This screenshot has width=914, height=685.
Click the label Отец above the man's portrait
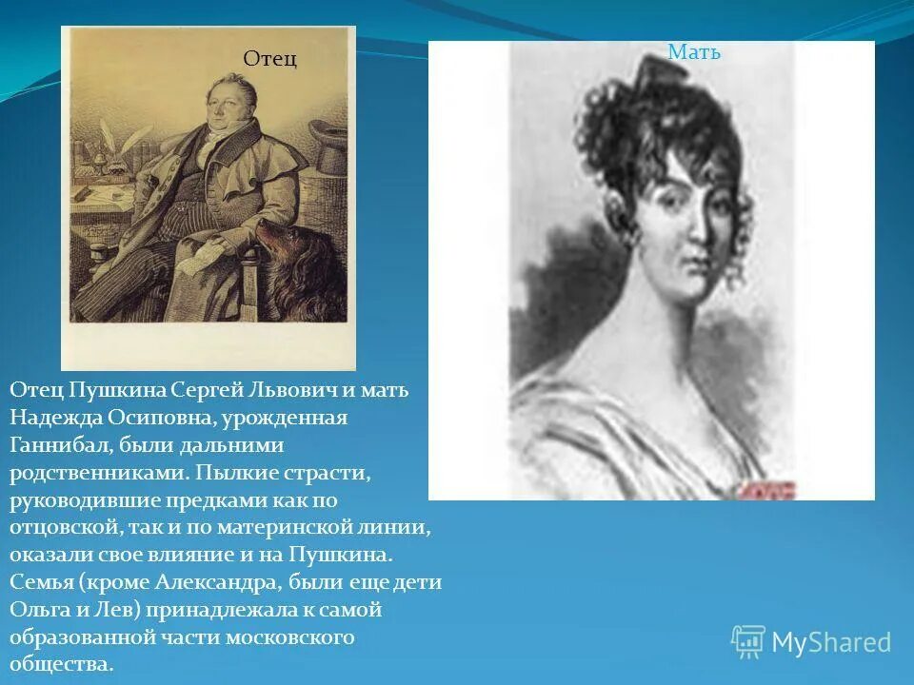270,59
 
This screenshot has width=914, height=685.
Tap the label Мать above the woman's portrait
694,52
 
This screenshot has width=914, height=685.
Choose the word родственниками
91,473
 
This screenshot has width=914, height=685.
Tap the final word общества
62,664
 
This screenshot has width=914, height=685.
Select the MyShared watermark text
831,643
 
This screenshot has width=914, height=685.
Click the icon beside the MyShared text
748,641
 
